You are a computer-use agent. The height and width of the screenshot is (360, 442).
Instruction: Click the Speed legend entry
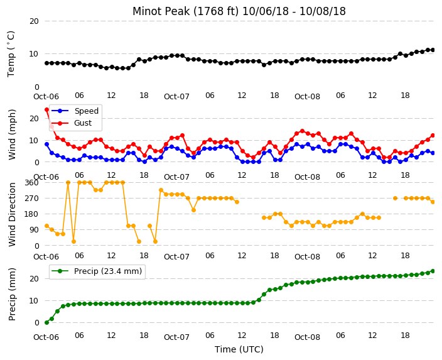click(x=75, y=111)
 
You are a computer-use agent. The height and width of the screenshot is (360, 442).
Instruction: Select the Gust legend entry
click(x=72, y=123)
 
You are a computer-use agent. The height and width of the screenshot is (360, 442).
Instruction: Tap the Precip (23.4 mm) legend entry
click(x=97, y=271)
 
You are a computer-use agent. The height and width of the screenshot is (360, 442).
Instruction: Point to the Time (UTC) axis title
click(x=239, y=349)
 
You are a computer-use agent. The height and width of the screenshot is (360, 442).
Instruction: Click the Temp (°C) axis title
click(x=11, y=54)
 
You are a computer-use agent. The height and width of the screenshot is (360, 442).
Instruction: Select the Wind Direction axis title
click(x=12, y=214)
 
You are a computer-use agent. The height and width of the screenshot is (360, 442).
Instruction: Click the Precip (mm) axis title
click(x=12, y=294)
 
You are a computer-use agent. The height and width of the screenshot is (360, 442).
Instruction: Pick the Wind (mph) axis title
click(x=12, y=134)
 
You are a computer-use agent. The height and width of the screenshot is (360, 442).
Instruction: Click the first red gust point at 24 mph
click(x=47, y=109)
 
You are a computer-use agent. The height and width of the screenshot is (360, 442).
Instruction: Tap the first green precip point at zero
click(x=47, y=322)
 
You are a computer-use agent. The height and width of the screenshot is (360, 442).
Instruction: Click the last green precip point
click(x=433, y=271)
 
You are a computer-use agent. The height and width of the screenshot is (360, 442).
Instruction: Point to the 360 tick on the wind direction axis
click(x=31, y=183)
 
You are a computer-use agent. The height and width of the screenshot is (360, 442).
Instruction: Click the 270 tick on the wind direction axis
click(x=31, y=199)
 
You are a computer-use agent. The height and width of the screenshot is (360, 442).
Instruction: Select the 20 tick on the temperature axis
click(x=34, y=21)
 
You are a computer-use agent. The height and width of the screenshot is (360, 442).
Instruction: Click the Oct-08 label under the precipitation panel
click(x=307, y=337)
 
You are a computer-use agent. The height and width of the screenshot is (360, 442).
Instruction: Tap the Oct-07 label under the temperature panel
click(x=176, y=97)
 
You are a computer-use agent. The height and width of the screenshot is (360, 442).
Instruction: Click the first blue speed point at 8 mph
click(x=47, y=144)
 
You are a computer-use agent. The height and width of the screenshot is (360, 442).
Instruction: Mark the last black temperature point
click(x=433, y=50)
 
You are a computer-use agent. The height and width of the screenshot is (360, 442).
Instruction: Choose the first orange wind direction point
click(x=47, y=226)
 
